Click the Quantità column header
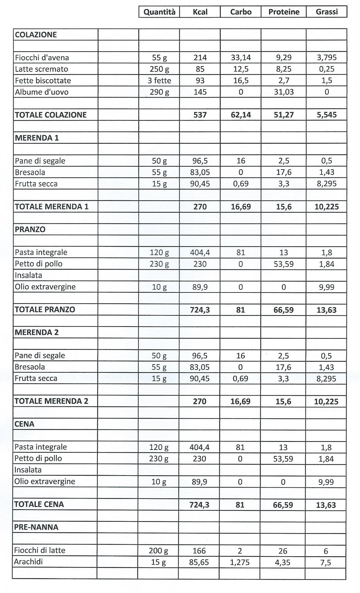pos(159,12)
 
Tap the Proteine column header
pos(284,12)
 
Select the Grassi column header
pos(327,12)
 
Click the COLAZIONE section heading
pos(36,35)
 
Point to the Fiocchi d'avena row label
pos(42,58)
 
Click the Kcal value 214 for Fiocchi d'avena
pos(200,58)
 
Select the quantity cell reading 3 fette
pos(159,81)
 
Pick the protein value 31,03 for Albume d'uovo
pos(284,92)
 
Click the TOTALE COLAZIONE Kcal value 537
pos(200,115)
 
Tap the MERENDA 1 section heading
pos(37,138)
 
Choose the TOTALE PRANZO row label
pos(45,310)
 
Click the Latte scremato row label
pos(41,69)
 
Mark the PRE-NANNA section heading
pos(36,527)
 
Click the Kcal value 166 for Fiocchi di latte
pos(199,551)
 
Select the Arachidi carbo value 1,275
pos(240,562)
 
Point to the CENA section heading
pos(24,424)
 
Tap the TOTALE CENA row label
pos(39,504)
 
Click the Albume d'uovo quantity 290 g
pos(159,92)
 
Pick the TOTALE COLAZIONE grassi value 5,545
pos(327,115)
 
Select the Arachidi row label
pos(28,562)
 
